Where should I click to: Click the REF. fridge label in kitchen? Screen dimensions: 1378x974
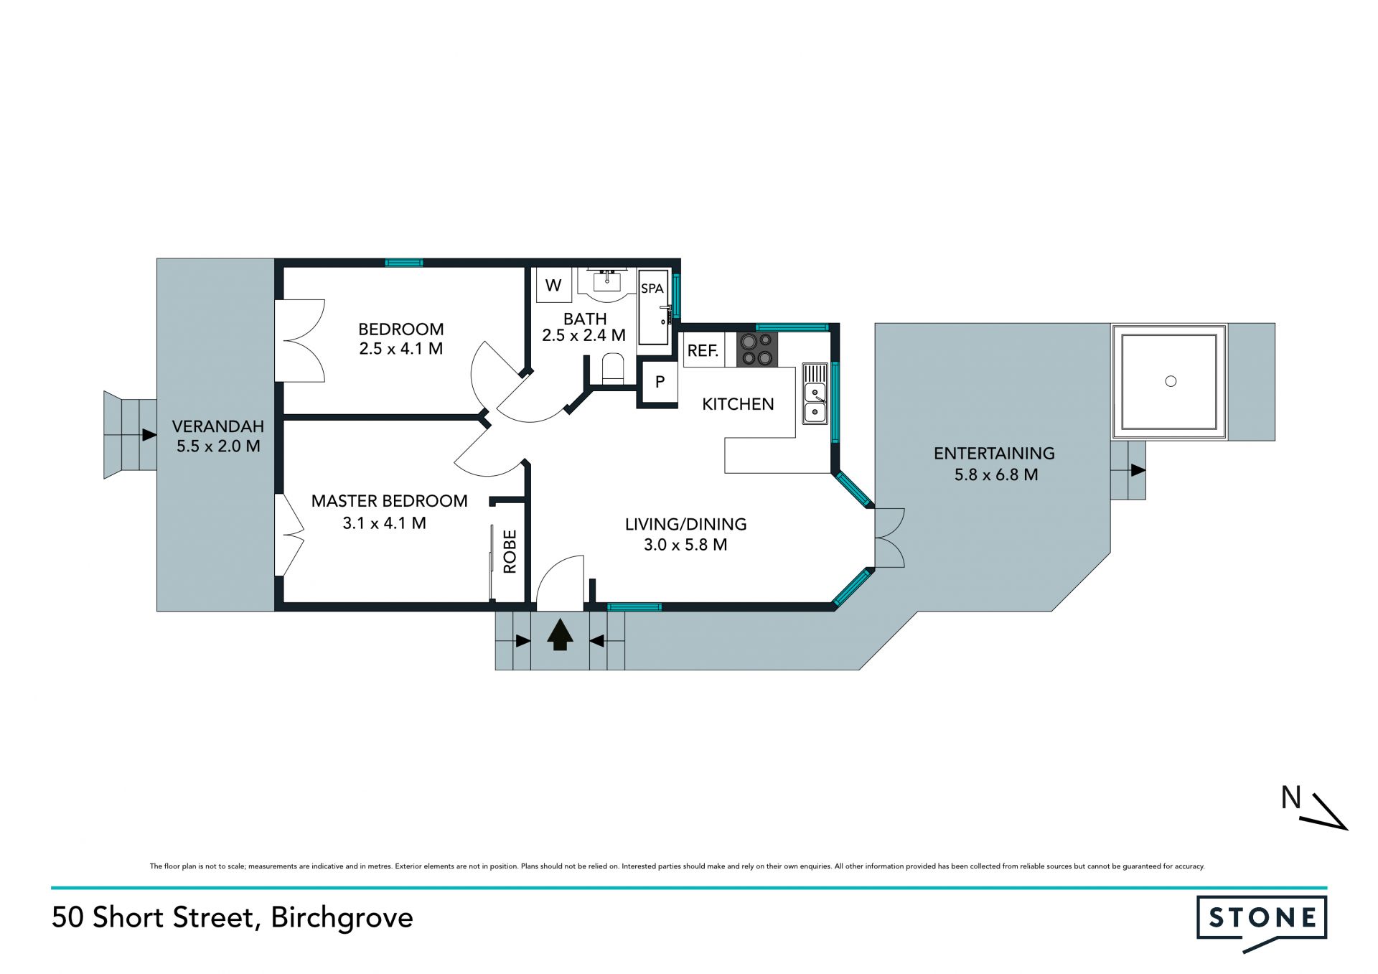703,351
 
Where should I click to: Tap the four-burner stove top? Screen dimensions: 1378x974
757,350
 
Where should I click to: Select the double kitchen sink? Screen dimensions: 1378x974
815,393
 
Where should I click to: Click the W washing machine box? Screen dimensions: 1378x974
553,285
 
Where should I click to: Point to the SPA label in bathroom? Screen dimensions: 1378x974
652,289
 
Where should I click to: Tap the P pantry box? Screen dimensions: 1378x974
660,383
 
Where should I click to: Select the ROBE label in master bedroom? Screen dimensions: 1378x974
510,551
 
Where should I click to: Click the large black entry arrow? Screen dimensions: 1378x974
560,634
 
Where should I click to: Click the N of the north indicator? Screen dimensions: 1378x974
1290,797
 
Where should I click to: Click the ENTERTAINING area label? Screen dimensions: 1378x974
994,454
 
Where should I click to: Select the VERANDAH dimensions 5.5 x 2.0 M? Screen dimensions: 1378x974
218,446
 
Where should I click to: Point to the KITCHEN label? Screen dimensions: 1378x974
738,404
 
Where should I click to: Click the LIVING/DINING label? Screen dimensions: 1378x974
685,524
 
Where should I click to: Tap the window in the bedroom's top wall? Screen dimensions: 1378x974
404,263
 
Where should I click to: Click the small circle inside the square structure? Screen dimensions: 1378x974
1171,381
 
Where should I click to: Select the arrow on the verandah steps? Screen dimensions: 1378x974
149,435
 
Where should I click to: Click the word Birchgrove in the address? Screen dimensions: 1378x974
342,918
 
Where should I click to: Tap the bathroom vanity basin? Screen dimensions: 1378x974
607,281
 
